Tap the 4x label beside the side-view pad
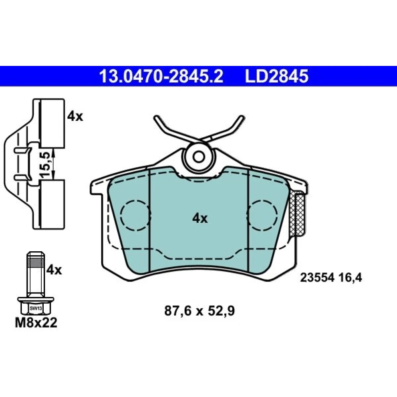pyautogui.click(x=75, y=116)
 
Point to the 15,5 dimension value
pyautogui.click(x=45, y=164)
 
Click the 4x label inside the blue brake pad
pyautogui.click(x=200, y=218)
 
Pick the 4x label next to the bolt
pyautogui.click(x=54, y=270)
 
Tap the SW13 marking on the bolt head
pyautogui.click(x=35, y=308)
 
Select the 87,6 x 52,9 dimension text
pyautogui.click(x=200, y=311)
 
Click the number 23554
pyautogui.click(x=318, y=278)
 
